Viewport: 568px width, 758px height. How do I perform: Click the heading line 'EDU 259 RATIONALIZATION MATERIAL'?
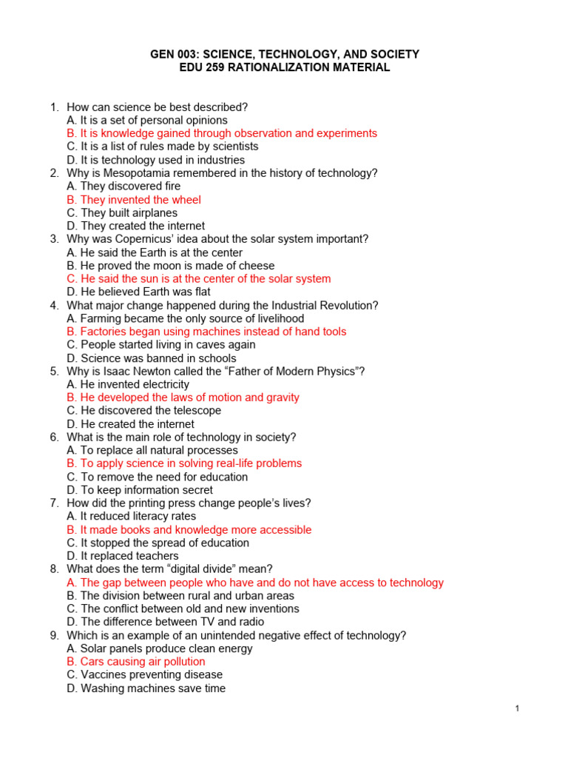coord(285,67)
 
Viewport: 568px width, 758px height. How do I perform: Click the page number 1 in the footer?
coord(518,709)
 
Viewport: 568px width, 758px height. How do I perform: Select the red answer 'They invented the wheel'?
coord(133,200)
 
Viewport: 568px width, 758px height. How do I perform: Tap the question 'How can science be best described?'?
coord(157,107)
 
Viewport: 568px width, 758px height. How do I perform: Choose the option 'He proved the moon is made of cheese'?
coord(170,266)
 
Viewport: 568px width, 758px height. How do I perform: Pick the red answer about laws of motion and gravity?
coord(183,398)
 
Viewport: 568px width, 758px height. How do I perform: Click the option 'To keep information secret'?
coord(139,490)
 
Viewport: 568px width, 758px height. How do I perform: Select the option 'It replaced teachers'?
coord(122,556)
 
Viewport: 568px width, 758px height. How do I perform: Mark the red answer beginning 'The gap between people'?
coord(254,583)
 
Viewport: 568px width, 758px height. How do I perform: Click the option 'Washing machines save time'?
coord(146,688)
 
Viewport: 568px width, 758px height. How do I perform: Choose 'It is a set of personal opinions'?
coord(146,120)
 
